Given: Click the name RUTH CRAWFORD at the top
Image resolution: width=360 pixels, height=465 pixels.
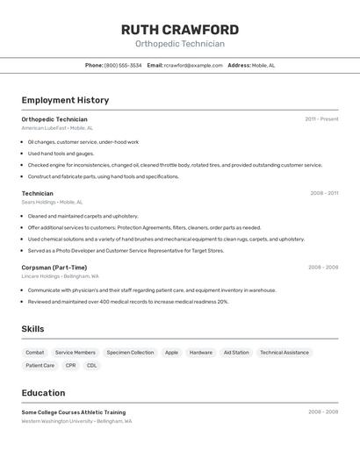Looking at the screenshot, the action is click(179, 30).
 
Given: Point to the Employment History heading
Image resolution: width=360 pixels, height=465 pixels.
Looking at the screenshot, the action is click(65, 100).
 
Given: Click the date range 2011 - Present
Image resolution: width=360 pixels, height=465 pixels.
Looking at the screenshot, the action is click(321, 119).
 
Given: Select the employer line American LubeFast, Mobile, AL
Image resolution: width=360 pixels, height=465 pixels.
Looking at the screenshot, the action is click(58, 128).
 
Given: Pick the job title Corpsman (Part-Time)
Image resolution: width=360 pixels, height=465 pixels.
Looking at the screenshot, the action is click(54, 268).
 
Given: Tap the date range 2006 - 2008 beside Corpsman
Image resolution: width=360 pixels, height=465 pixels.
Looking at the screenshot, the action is click(323, 268).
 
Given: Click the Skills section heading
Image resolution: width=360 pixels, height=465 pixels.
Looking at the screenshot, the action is click(33, 329).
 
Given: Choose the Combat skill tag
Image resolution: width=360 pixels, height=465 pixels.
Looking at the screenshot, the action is click(35, 353).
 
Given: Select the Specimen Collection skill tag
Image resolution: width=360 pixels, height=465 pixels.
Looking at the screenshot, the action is click(130, 353).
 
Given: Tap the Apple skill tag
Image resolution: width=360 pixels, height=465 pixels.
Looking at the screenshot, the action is click(171, 353).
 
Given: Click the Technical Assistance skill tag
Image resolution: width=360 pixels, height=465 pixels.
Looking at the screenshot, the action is click(284, 353).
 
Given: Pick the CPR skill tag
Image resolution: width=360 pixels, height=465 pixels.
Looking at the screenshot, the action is click(70, 366).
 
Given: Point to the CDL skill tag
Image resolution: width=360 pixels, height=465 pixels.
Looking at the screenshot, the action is click(92, 366).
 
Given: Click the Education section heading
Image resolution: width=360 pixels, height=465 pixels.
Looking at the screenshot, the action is click(43, 393).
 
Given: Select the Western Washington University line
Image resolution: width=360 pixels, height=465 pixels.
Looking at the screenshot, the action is click(77, 421).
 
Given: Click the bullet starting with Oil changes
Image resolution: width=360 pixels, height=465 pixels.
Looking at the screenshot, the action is click(83, 141).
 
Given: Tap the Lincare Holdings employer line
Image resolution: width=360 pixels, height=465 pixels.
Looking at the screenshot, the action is click(61, 276).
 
